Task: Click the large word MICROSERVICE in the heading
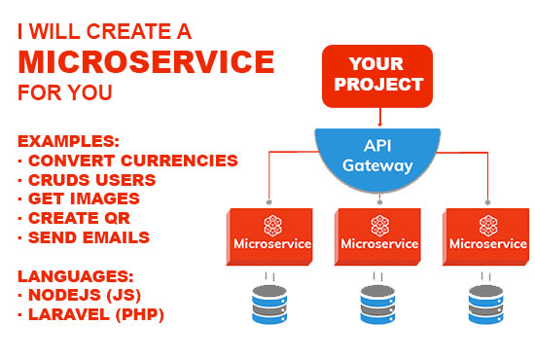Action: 146,62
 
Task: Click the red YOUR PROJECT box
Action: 376,75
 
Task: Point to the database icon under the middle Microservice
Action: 377,303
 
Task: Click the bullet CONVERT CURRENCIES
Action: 127,160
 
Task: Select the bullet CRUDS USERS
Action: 90,179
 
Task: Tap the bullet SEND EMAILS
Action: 84,237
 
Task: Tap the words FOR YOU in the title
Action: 65,94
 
